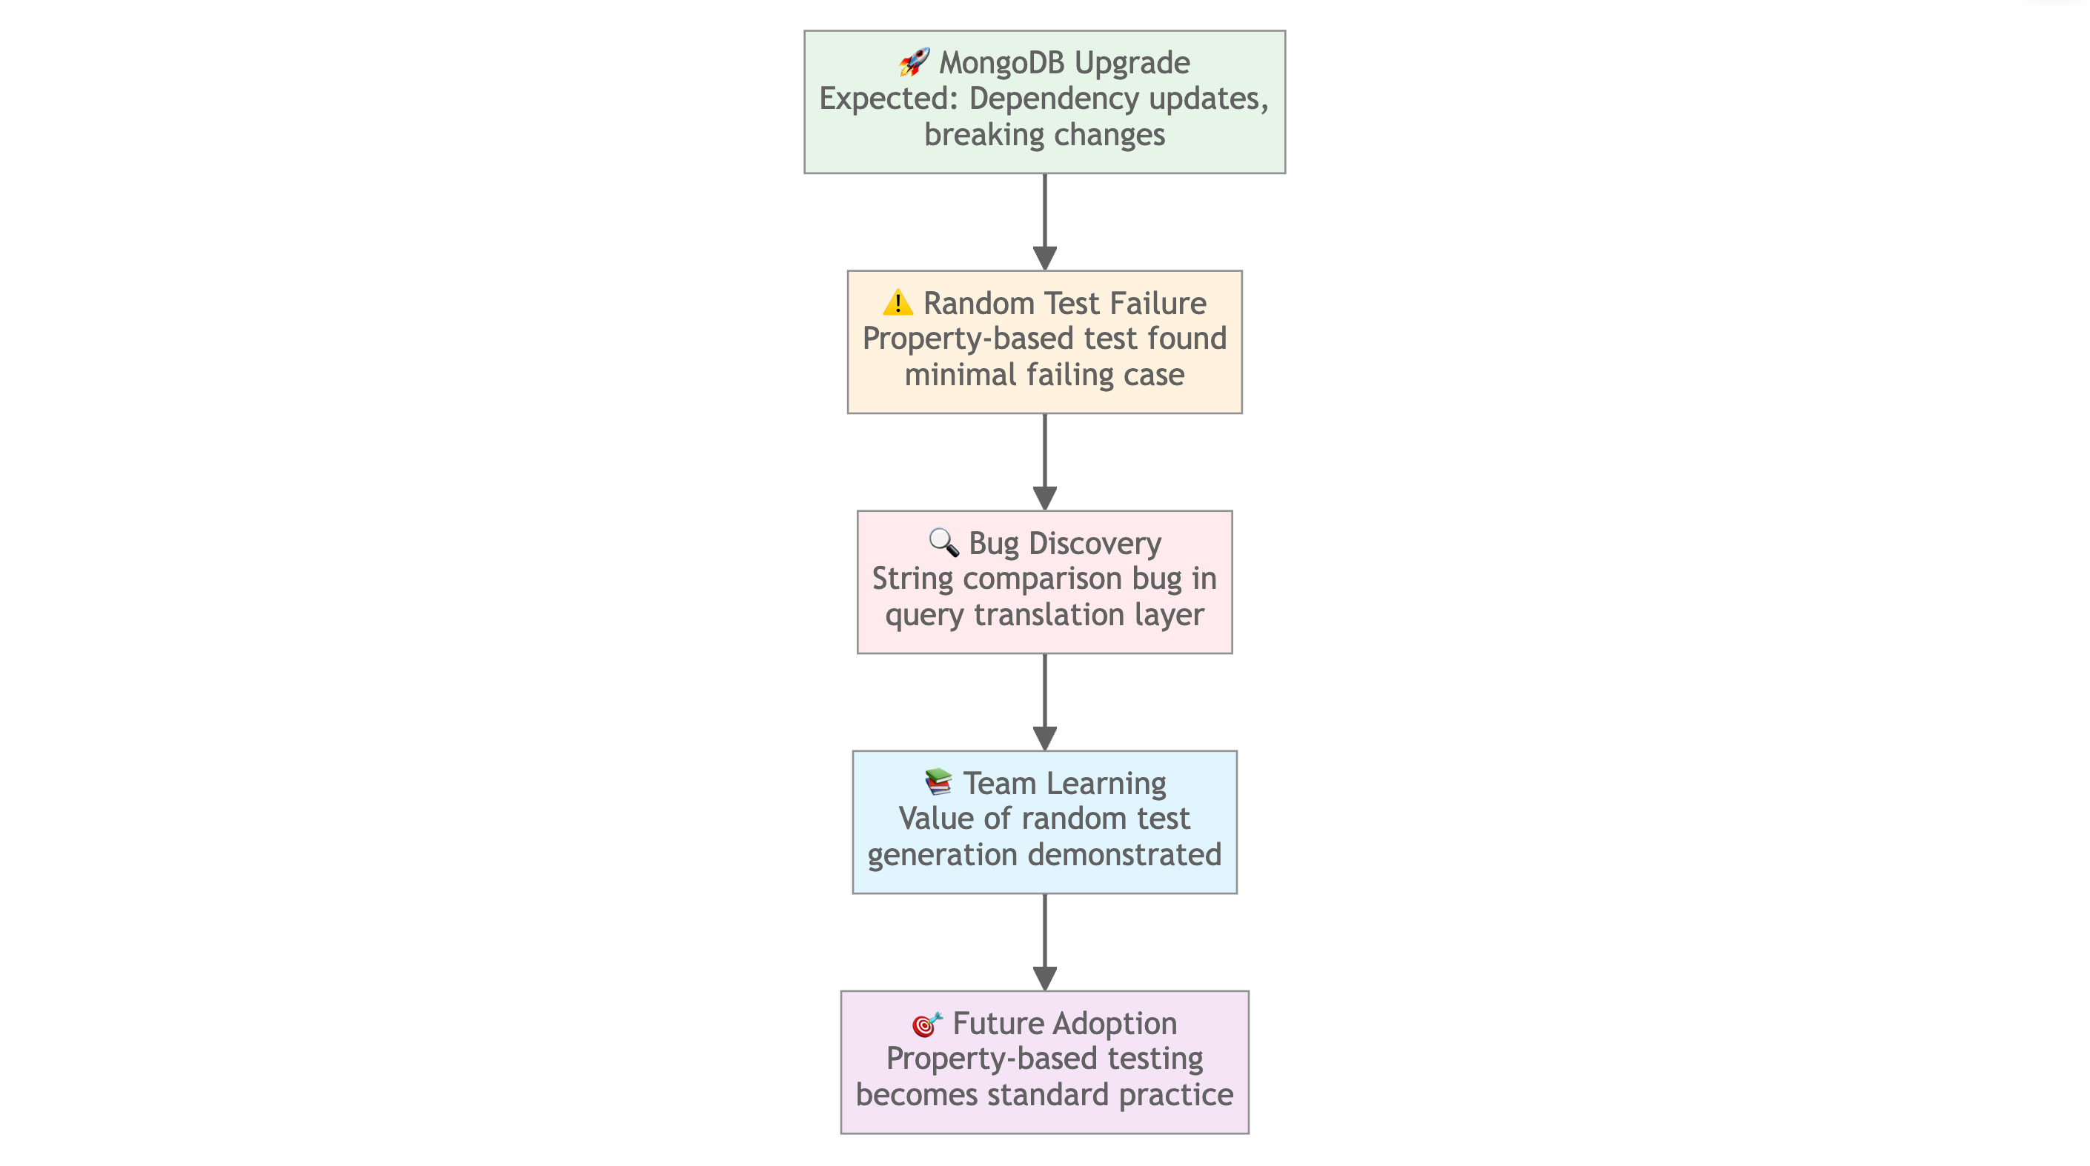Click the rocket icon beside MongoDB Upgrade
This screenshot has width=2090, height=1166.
[x=914, y=61]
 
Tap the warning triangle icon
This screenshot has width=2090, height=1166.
[x=898, y=302]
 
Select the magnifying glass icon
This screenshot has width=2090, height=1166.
[x=943, y=542]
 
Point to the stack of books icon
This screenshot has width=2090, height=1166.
[x=938, y=782]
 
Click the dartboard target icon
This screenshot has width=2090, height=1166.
[x=926, y=1023]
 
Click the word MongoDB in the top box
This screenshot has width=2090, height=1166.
[x=1001, y=62]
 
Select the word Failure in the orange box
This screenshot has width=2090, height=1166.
[x=1158, y=303]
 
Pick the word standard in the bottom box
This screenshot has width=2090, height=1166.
[x=1048, y=1095]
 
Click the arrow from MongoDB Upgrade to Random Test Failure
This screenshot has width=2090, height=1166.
[x=1045, y=221]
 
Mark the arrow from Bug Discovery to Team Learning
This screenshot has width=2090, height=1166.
[x=1045, y=702]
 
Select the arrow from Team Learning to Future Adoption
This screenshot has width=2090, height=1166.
[x=1045, y=942]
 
